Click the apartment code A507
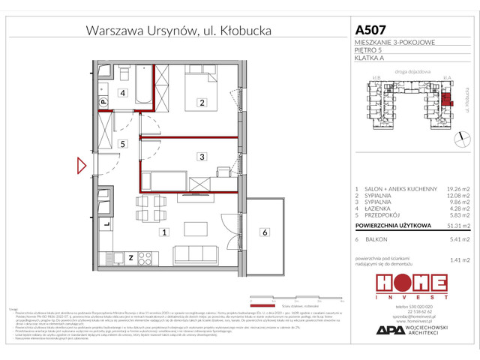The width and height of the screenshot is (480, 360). pos(370,30)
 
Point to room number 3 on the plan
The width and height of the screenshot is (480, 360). pos(202,157)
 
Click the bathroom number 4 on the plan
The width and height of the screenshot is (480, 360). pos(121,94)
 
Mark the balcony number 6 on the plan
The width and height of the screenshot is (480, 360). pos(265,232)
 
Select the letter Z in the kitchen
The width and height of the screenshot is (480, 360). pos(131,258)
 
